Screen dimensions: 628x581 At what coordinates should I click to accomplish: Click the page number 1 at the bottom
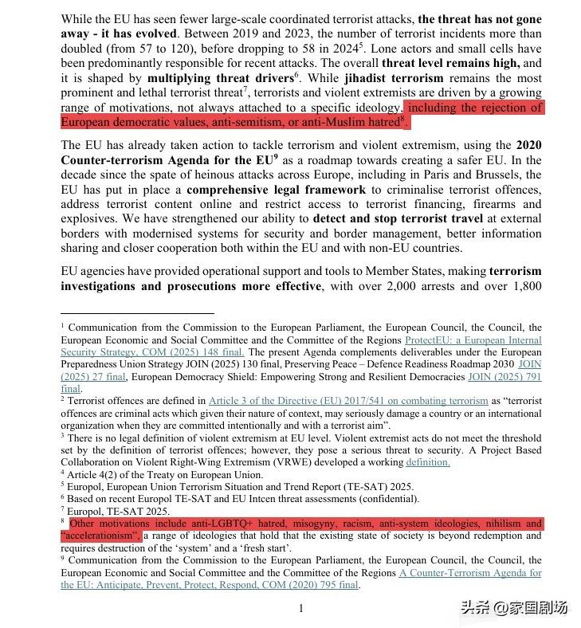[301, 609]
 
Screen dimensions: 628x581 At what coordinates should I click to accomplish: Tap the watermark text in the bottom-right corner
[513, 607]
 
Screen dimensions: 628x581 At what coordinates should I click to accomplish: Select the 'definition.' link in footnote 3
[427, 461]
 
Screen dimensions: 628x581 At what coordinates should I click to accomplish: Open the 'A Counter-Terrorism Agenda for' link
[470, 572]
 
